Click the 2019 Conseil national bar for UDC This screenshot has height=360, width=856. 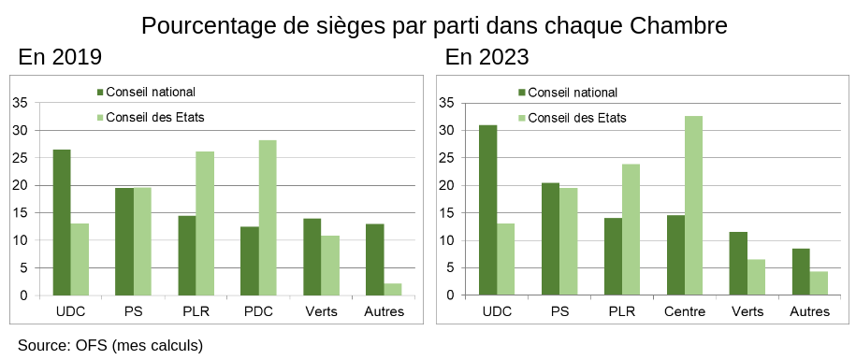coord(62,223)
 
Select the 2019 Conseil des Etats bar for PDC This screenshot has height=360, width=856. coord(268,218)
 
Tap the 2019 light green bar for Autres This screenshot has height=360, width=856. coord(393,290)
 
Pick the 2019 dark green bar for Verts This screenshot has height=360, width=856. coord(312,257)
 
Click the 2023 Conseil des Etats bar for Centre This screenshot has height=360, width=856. coord(693,206)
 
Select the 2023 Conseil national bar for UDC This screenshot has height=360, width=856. coord(488,210)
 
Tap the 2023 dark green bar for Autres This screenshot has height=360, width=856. coord(801,272)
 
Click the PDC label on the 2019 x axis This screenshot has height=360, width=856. coord(258,311)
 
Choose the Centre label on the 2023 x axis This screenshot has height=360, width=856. coord(685,311)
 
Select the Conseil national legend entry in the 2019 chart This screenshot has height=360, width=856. coord(146,93)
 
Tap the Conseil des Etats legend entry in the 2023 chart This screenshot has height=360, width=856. coord(573,118)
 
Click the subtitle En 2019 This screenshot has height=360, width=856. coord(60,57)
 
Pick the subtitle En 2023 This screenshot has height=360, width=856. coord(487,57)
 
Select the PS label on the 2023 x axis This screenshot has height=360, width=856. coord(559,311)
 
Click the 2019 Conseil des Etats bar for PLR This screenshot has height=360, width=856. coord(205,223)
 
